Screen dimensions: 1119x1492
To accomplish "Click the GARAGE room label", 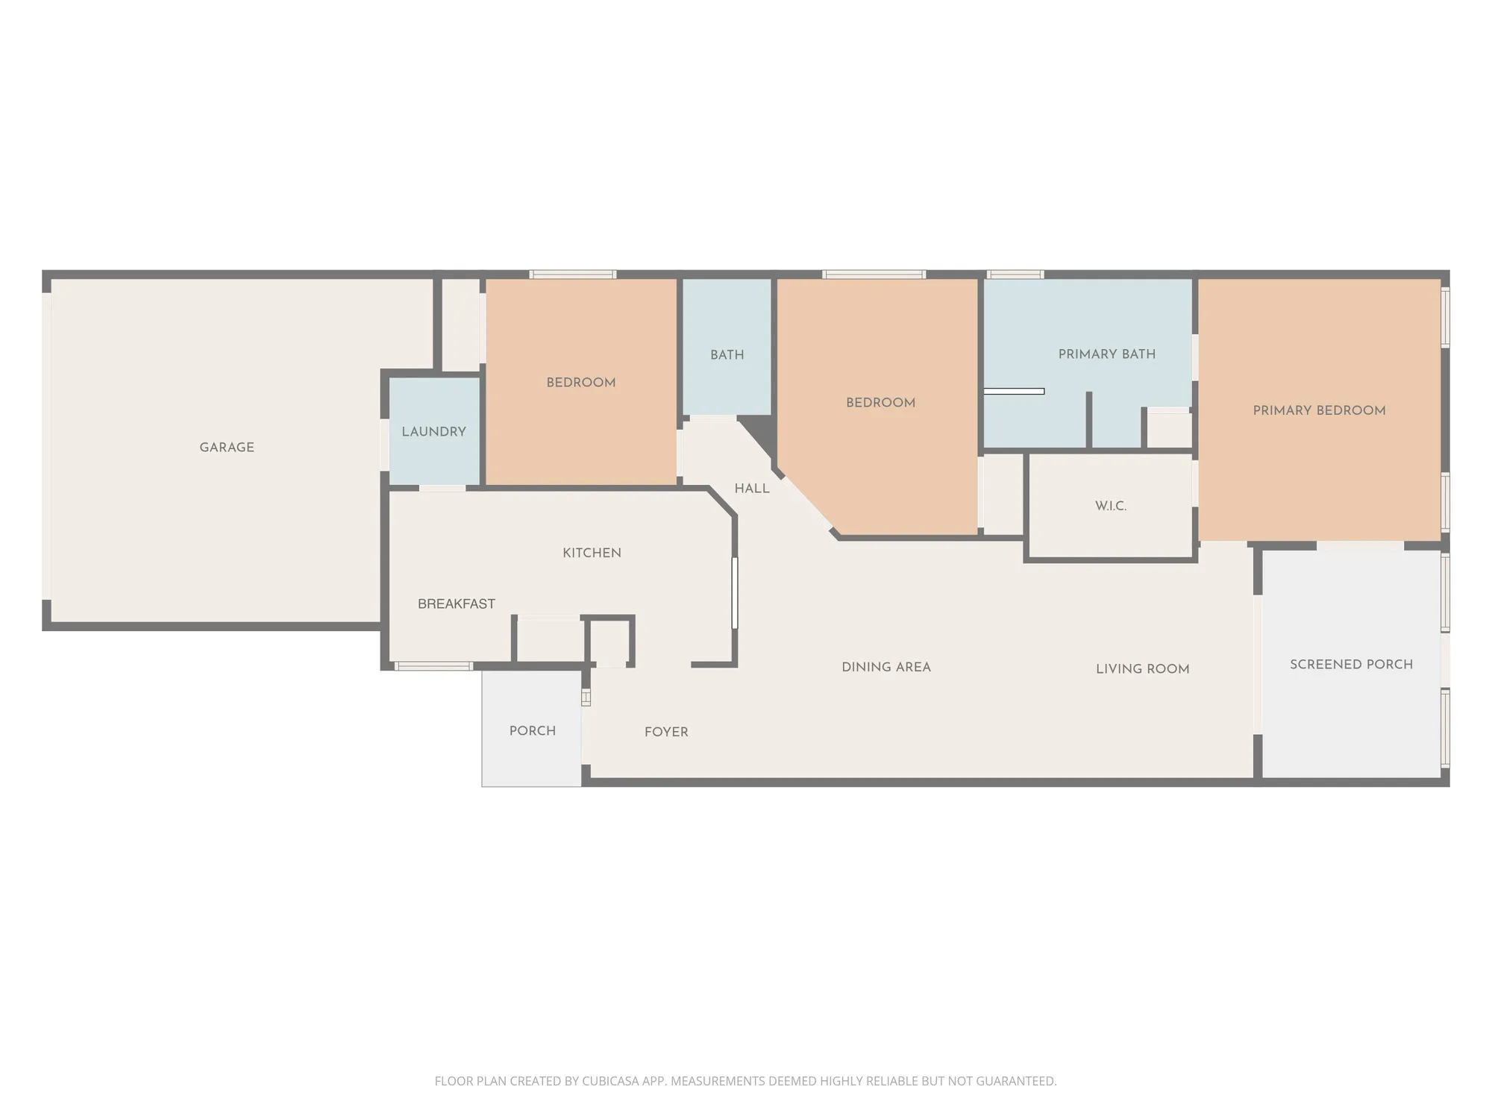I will coord(227,448).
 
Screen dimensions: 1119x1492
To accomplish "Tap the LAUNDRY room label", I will coord(433,432).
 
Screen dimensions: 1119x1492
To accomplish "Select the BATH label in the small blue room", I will coord(727,355).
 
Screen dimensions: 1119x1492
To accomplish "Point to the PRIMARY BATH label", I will coord(1106,354).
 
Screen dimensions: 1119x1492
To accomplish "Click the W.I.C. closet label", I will coord(1110,506).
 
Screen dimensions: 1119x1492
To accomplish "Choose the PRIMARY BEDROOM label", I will coord(1318,410).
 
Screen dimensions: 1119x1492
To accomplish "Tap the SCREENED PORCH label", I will coord(1351,665).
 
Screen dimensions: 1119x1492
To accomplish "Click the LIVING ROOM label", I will coord(1142,669).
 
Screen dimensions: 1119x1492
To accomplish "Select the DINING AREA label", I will coord(886,668).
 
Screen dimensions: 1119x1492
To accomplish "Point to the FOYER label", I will coord(666,733).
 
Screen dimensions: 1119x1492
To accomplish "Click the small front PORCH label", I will coord(532,731).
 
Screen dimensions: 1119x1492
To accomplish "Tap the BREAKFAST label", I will coord(456,604).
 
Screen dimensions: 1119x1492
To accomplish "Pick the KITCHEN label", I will coord(592,553).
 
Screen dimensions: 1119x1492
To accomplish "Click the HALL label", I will coord(751,489).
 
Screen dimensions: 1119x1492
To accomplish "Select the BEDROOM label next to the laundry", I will coord(580,383).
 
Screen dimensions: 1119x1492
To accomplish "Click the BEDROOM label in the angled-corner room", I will coord(880,403).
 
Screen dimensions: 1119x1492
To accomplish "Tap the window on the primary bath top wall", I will coord(1015,275).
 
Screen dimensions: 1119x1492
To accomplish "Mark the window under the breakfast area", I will coord(433,666).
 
